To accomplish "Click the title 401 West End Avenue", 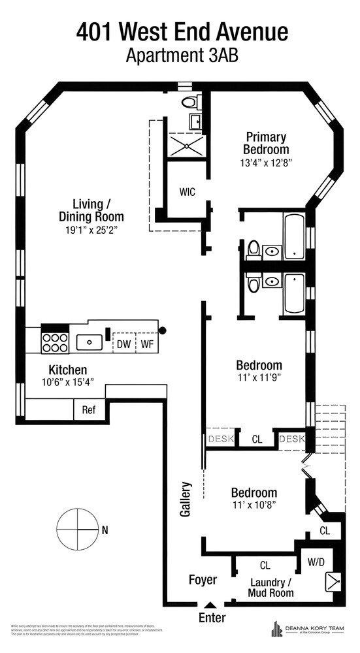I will tap(182, 31).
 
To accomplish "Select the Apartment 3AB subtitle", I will tap(182, 55).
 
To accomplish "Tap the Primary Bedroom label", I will tap(266, 143).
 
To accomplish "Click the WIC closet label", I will tap(187, 191).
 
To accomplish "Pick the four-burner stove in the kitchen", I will tap(56, 342).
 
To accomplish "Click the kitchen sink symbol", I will tap(89, 342).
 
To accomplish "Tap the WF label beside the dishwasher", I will tap(146, 343).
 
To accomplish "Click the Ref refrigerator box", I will tap(89, 410).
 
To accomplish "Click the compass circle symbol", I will tap(76, 529).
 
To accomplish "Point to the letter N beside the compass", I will tap(105, 530).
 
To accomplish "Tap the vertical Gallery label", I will tap(186, 500).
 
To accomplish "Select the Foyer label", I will tap(203, 580).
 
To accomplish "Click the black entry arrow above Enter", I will tap(210, 605).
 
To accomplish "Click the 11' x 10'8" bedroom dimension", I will tap(254, 505).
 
